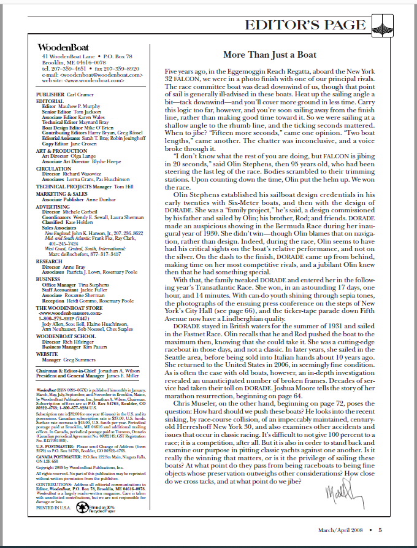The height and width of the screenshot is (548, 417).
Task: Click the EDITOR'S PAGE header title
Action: (x=304, y=25)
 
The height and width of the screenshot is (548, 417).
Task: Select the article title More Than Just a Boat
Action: (x=270, y=55)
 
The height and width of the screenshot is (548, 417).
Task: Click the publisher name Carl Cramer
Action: (x=80, y=95)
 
